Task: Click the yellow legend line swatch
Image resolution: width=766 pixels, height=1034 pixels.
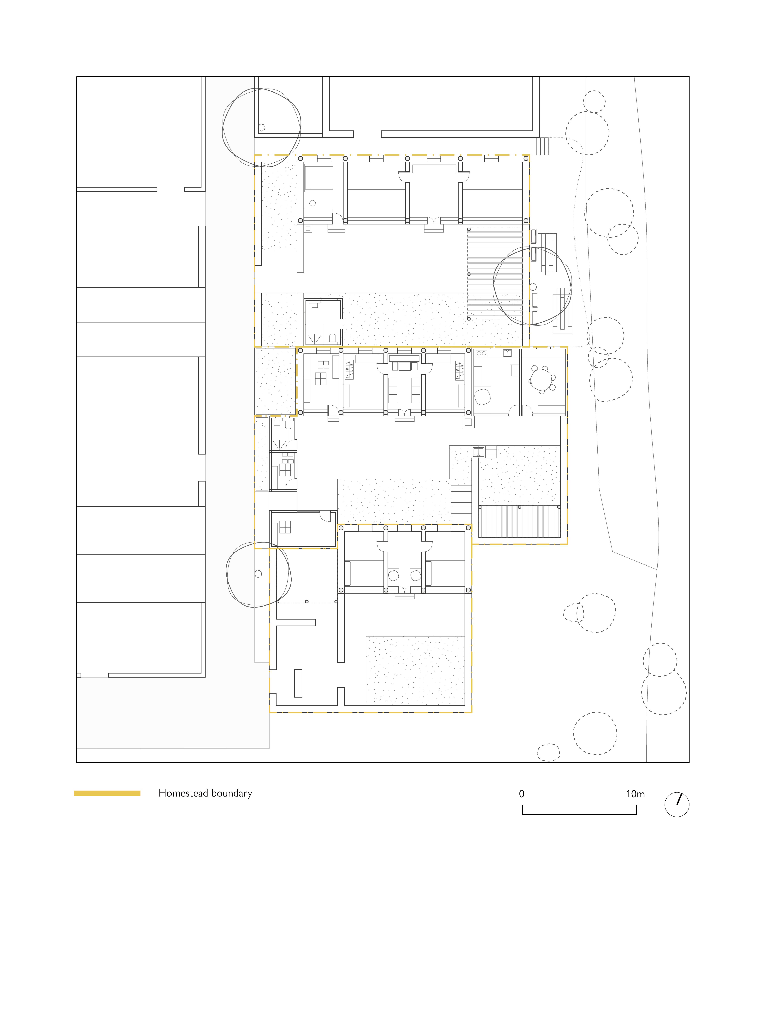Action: tap(107, 793)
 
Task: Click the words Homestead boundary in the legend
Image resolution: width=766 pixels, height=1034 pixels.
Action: tap(205, 793)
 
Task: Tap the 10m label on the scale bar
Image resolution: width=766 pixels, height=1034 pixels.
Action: tap(635, 794)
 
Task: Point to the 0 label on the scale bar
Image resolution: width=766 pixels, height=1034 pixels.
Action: tap(522, 794)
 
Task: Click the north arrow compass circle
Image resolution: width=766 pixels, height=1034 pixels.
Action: tap(677, 804)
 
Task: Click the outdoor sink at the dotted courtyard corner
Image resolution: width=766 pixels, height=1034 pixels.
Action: tap(478, 452)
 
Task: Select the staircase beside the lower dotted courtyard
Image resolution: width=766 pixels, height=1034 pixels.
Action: tap(461, 504)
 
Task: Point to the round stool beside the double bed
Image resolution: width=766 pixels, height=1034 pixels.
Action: tap(312, 203)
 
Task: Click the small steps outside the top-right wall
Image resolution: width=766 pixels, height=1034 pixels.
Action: tap(542, 146)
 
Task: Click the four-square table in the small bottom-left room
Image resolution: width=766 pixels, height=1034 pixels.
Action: tap(285, 527)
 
